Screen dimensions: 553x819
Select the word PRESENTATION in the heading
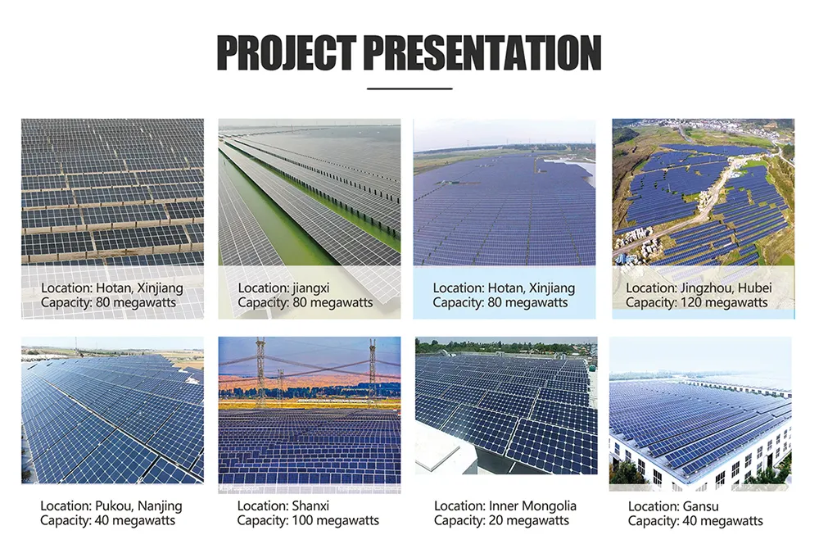click(482, 52)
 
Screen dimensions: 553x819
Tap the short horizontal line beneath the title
click(409, 88)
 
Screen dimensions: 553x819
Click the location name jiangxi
click(316, 288)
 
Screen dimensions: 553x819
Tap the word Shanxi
click(313, 505)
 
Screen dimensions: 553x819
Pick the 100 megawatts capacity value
click(332, 520)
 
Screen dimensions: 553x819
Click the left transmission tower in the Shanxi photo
click(261, 369)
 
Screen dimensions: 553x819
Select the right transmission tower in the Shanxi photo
click(372, 369)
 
